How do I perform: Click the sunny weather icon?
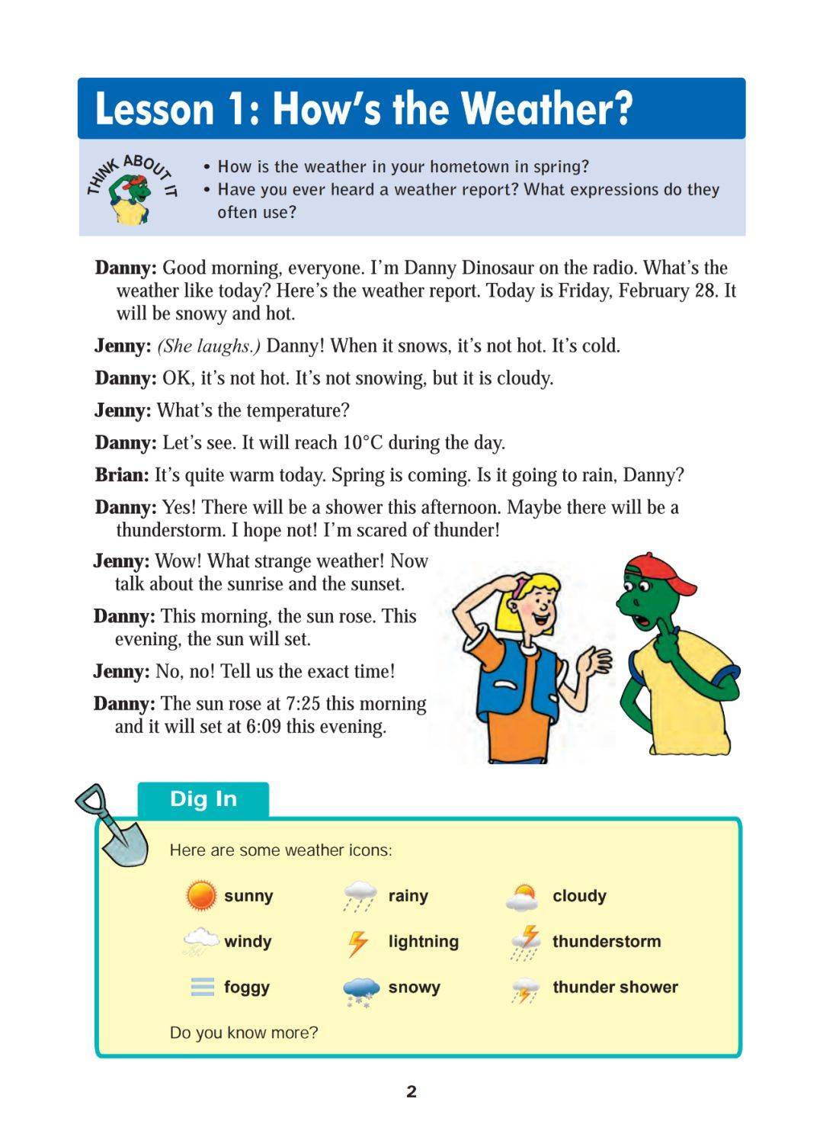201,895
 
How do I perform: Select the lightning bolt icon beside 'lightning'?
357,943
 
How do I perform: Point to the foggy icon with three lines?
202,988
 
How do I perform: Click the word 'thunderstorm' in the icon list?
607,941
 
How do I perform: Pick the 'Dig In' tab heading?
203,798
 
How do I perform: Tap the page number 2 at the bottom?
411,1091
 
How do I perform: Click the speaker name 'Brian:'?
122,475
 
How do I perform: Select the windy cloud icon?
200,941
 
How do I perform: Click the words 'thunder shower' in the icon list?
615,987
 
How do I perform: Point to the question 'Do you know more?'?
244,1033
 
